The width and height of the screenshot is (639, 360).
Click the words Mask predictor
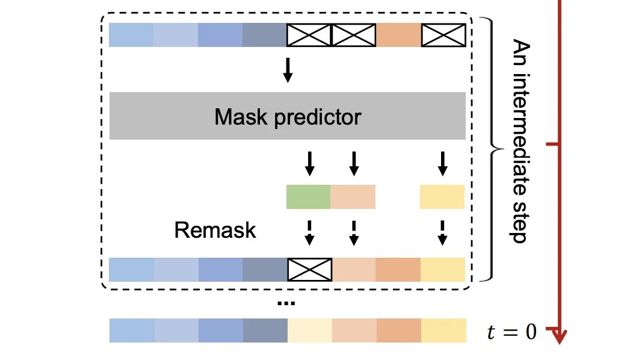[288, 116]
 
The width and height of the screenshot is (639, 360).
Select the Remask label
[215, 230]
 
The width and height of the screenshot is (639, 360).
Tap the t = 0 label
[511, 332]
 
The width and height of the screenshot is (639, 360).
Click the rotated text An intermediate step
[519, 141]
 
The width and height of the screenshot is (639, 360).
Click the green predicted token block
[308, 197]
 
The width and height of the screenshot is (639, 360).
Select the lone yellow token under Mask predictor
[442, 197]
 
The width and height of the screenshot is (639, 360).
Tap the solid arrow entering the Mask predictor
[288, 70]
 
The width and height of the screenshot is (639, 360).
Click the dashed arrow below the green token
[309, 232]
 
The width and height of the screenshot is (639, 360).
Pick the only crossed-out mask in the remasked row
[310, 268]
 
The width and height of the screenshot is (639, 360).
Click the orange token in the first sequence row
[398, 35]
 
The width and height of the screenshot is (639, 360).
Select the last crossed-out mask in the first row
[443, 35]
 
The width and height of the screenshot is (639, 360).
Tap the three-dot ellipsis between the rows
[286, 303]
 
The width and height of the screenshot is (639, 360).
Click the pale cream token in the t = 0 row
[310, 331]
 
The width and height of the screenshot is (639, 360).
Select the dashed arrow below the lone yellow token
[442, 232]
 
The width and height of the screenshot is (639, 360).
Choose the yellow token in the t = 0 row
[443, 331]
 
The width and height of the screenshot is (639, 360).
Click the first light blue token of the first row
[131, 35]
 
